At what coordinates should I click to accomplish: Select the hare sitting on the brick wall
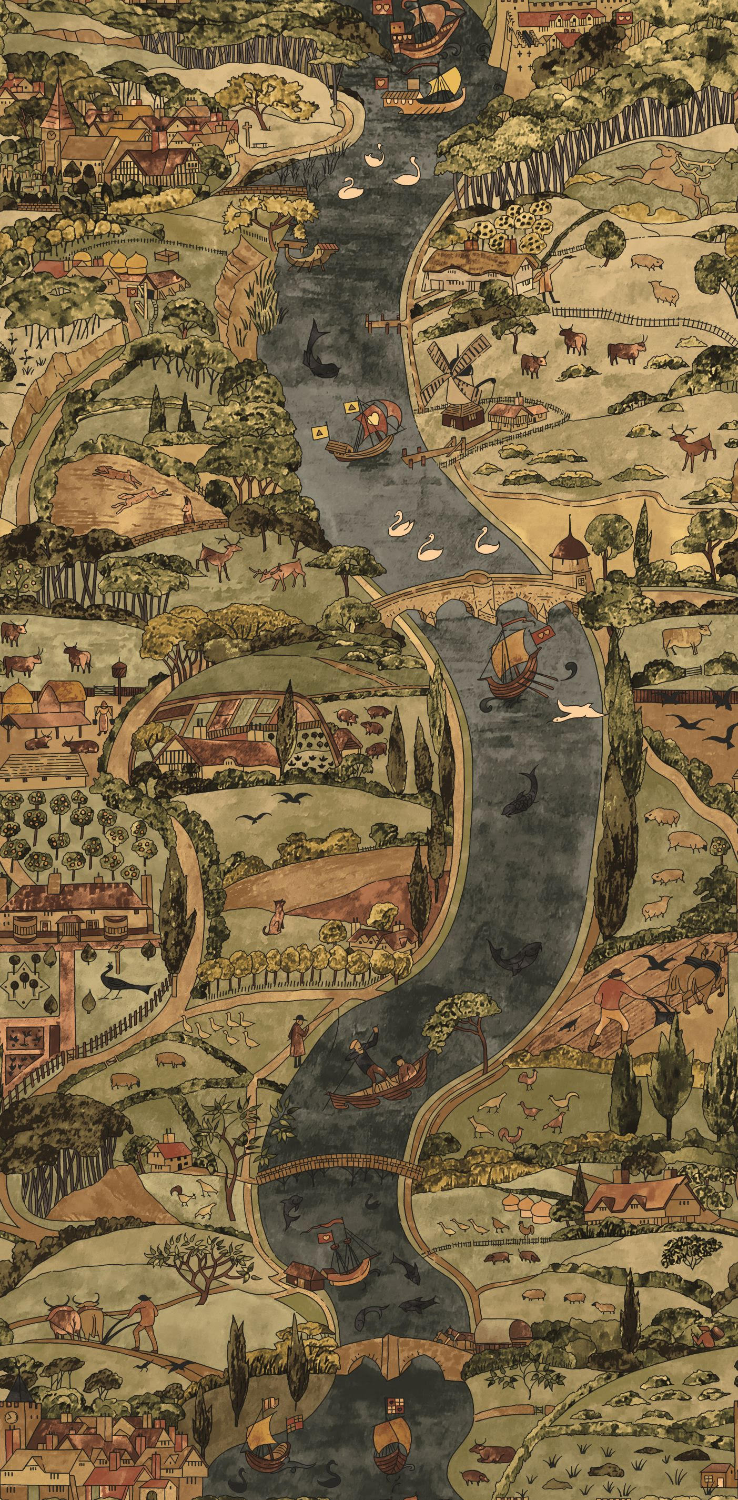188,511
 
